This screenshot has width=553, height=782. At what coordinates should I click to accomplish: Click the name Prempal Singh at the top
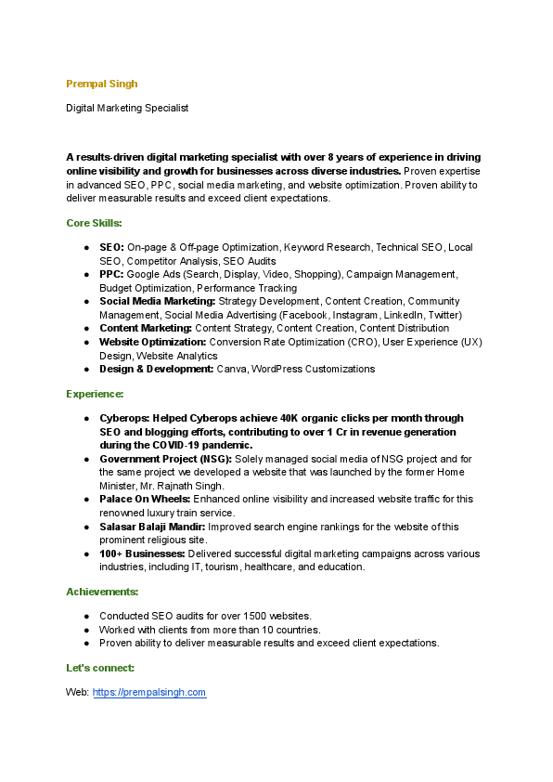click(102, 84)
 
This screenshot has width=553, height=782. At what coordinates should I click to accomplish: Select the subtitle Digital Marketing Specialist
click(127, 108)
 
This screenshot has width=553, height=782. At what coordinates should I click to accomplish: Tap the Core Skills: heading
click(94, 223)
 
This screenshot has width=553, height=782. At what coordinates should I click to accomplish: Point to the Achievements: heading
click(102, 591)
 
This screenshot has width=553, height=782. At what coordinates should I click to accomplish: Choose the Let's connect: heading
click(100, 668)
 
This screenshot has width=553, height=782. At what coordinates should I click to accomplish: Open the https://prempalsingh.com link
click(149, 693)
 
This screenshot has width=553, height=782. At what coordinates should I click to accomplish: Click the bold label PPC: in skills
click(111, 275)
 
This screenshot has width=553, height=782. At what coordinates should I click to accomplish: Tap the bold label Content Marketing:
click(146, 328)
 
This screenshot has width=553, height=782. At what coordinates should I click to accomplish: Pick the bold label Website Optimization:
click(152, 342)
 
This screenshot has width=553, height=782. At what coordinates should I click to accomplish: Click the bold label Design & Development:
click(156, 369)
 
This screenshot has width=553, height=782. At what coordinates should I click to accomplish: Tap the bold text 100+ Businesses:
click(142, 554)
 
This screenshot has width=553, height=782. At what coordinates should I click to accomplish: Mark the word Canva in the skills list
click(231, 369)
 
